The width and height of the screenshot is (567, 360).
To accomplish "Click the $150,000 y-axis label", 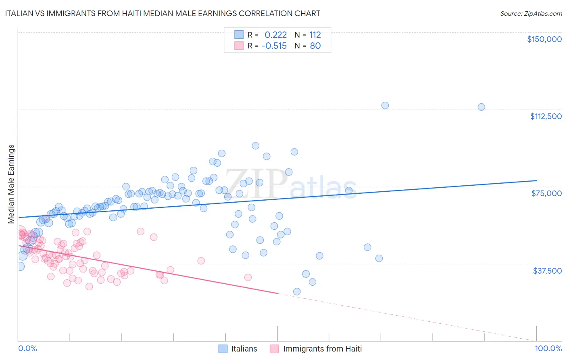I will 544,39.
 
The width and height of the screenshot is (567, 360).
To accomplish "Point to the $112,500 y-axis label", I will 546,116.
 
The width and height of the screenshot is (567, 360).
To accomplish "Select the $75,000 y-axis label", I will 546,193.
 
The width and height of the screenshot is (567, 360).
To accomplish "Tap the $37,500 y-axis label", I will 547,271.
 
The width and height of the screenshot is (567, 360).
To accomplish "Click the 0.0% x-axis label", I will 27,349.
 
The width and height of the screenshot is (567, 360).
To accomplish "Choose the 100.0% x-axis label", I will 548,349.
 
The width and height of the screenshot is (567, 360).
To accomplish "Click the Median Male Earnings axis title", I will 11,184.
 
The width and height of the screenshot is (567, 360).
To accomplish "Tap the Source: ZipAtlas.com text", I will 531,13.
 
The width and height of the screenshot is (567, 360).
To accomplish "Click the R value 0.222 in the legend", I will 275,35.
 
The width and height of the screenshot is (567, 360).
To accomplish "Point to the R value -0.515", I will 274,46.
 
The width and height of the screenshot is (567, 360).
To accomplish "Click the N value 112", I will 315,35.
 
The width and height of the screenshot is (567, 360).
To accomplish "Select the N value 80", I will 315,46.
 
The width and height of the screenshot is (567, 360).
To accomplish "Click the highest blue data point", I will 385,105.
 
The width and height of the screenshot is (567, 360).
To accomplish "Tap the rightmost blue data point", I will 481,107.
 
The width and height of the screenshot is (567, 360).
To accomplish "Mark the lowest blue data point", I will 297,291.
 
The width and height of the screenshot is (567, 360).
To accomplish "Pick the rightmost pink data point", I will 248,277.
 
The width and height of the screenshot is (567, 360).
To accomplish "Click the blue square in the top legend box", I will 239,35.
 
